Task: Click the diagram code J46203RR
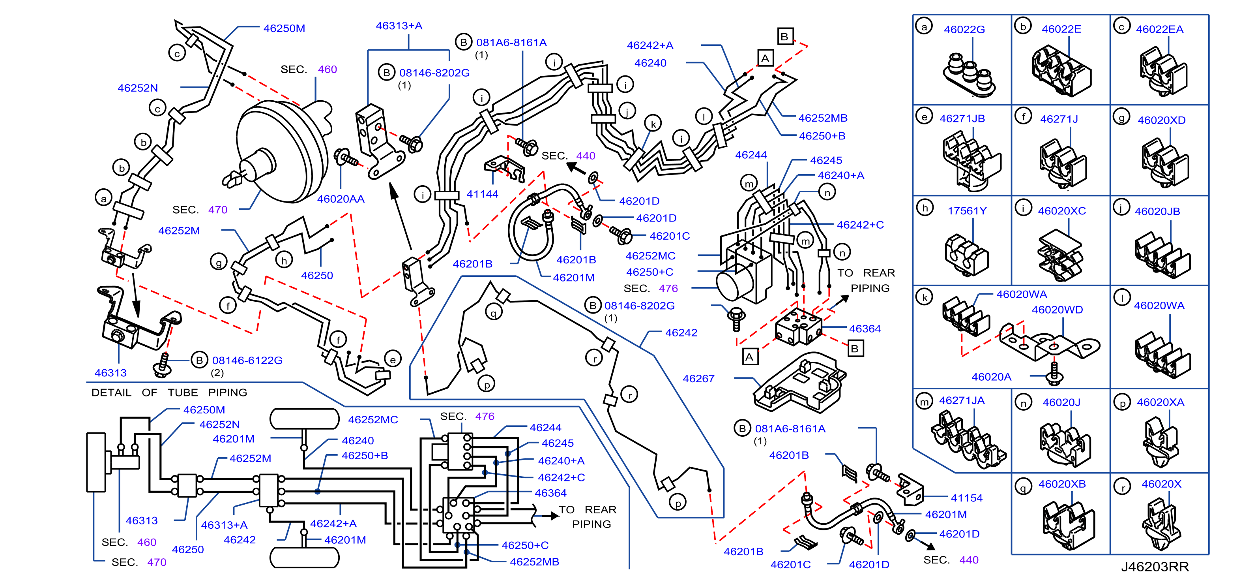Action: (x=1155, y=567)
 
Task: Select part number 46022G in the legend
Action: (x=964, y=29)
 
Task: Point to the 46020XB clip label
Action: (x=1062, y=484)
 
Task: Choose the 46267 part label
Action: (x=698, y=379)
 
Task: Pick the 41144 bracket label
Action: (x=482, y=194)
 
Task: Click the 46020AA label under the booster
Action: (x=341, y=199)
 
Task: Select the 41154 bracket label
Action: (x=966, y=498)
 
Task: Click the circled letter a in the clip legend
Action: (x=924, y=26)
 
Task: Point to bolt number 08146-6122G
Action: (x=247, y=360)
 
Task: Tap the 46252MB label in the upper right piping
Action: (x=822, y=118)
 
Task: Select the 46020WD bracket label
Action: (x=1057, y=310)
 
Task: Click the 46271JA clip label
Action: (x=962, y=400)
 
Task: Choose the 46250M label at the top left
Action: (x=284, y=28)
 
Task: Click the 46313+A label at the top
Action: (x=399, y=26)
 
